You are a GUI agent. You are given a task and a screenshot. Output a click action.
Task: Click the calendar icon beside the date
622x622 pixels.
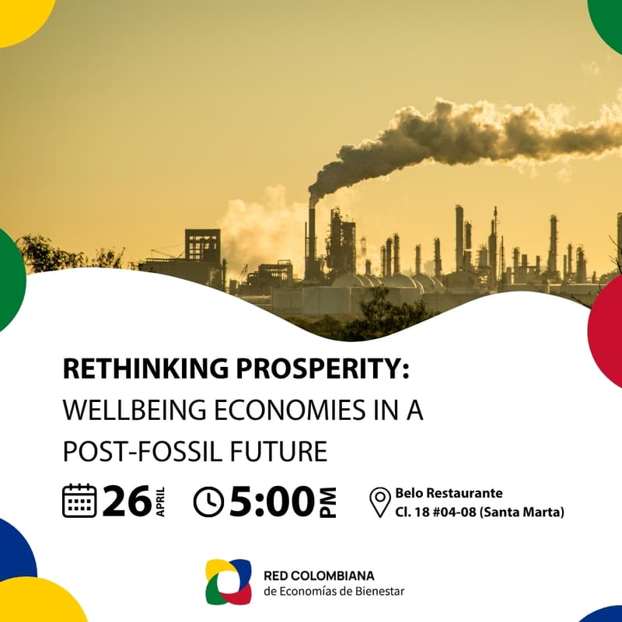(79, 501)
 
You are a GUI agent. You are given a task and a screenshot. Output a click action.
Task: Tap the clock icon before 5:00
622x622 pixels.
(208, 502)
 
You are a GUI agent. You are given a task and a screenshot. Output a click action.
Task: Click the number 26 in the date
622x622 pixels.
(126, 501)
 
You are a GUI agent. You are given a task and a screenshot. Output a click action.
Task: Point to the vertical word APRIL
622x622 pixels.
(160, 501)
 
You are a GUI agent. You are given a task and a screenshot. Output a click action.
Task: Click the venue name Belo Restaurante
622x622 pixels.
(449, 493)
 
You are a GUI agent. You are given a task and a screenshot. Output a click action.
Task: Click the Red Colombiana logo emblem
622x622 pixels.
(228, 582)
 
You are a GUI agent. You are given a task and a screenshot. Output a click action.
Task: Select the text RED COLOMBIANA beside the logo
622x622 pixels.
(319, 575)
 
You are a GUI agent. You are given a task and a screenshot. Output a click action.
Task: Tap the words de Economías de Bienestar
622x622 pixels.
(334, 592)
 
